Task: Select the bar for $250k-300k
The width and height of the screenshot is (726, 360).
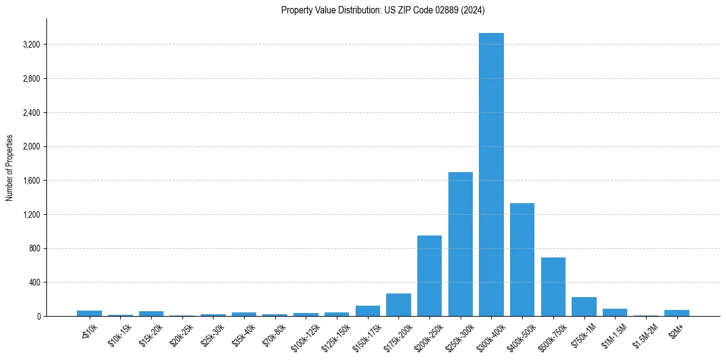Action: pos(461,244)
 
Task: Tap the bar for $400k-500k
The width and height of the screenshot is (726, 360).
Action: pos(522,259)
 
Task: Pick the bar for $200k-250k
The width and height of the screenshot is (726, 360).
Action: pos(429,276)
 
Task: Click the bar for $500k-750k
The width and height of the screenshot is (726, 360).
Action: pos(553,287)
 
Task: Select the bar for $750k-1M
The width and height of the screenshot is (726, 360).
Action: pos(584,307)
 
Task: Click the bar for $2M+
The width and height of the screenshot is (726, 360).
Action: pos(677,313)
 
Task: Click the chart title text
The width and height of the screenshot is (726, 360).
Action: pos(383,10)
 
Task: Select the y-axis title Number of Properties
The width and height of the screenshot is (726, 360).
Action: pos(10,168)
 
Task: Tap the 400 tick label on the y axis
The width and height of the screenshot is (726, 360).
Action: pos(33,283)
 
